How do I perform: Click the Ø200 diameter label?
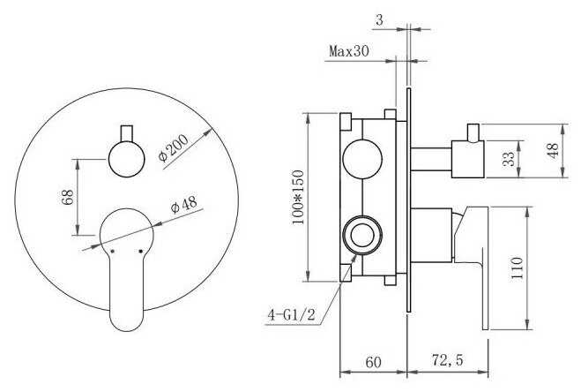click(x=174, y=148)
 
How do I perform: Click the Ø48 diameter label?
click(x=184, y=205)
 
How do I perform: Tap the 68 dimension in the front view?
click(x=68, y=197)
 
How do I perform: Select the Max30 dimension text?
click(x=349, y=51)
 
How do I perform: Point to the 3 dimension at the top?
click(x=379, y=20)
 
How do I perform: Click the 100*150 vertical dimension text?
click(x=298, y=197)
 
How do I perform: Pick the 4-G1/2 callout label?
click(x=291, y=315)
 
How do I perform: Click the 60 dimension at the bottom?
click(x=373, y=362)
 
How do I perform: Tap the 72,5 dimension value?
click(x=447, y=359)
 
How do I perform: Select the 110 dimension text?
click(x=517, y=268)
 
